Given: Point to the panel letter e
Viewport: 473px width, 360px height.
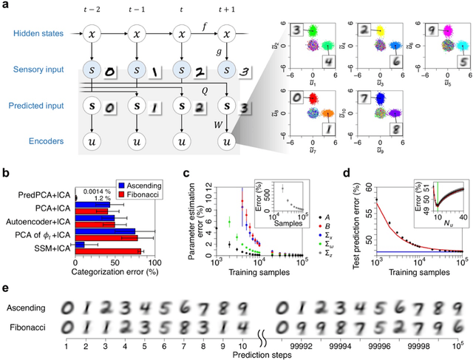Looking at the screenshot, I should [6, 288].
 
